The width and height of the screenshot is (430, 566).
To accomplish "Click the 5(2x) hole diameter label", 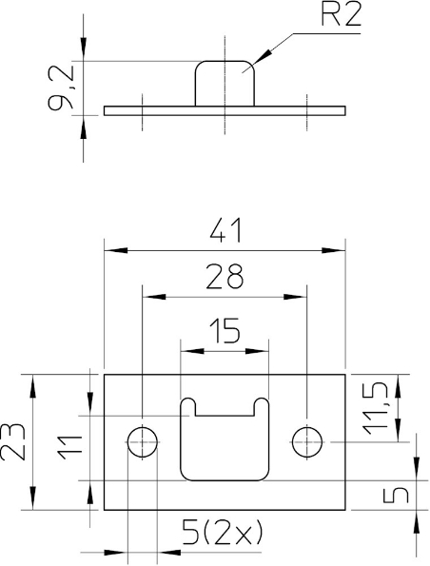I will coord(222,532).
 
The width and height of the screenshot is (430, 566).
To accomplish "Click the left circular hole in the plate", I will coord(143,441).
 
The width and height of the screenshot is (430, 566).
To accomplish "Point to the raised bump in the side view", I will coord(225,84).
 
